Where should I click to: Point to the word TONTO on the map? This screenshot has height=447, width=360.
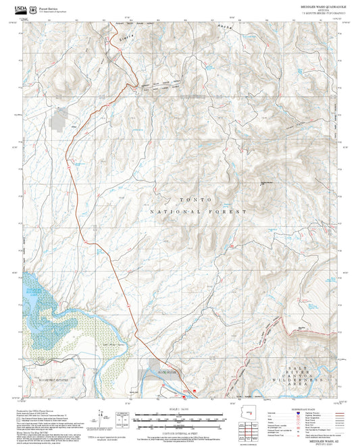pos(196,200)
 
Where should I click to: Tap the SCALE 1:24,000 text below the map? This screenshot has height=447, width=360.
pos(180,409)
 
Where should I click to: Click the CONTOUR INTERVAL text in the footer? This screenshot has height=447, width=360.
pos(180,431)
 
